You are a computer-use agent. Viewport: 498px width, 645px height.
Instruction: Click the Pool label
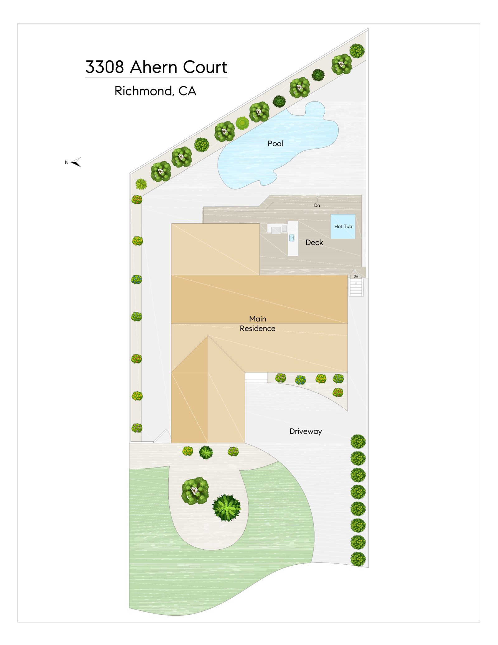pyautogui.click(x=275, y=144)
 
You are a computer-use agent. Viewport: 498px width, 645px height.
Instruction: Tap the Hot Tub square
pyautogui.click(x=343, y=226)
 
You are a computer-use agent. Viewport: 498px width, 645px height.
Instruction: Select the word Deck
pyautogui.click(x=314, y=242)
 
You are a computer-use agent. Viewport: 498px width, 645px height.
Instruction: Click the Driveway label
pyautogui.click(x=305, y=431)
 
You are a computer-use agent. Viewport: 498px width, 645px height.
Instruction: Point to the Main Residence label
pyautogui.click(x=257, y=324)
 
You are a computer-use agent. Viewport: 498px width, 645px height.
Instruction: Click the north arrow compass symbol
pyautogui.click(x=76, y=162)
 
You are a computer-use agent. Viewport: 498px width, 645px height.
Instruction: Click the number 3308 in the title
pyautogui.click(x=105, y=67)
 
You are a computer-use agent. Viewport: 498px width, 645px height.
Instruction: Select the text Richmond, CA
pyautogui.click(x=155, y=91)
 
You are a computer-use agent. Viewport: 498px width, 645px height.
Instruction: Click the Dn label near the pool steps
pyautogui.click(x=317, y=205)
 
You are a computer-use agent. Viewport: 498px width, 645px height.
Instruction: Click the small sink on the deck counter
pyautogui.click(x=292, y=238)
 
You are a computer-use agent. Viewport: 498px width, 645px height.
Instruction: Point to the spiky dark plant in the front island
pyautogui.click(x=227, y=507)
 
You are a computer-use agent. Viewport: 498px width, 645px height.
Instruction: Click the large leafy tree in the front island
pyautogui.click(x=195, y=491)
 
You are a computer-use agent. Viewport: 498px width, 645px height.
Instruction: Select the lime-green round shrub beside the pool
pyautogui.click(x=242, y=123)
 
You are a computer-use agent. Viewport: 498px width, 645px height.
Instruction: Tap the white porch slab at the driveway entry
pyautogui.click(x=256, y=377)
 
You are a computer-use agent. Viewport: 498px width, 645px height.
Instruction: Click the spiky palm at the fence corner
pyautogui.click(x=141, y=184)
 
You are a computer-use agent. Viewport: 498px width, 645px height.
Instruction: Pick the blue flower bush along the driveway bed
pyautogui.click(x=300, y=380)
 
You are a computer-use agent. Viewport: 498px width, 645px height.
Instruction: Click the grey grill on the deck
pyautogui.click(x=276, y=230)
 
